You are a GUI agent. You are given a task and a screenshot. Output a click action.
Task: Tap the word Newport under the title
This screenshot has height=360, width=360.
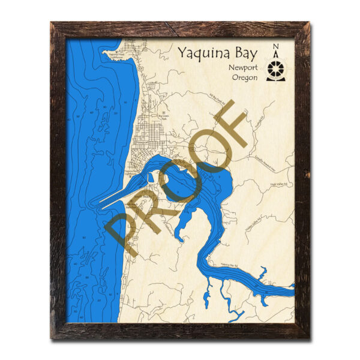pyautogui.click(x=244, y=68)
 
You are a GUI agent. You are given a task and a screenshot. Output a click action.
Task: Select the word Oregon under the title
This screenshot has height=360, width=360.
pyautogui.click(x=245, y=78)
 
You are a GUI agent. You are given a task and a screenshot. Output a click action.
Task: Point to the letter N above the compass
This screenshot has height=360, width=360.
pyautogui.click(x=276, y=48)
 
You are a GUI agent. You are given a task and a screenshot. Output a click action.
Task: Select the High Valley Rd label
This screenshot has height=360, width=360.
pyautogui.click(x=280, y=184)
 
